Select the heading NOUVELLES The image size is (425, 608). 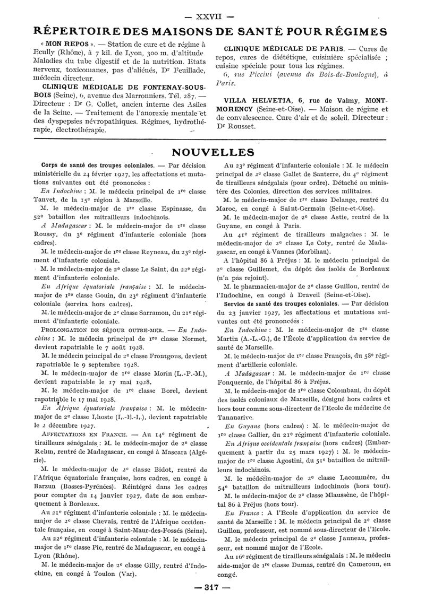212,152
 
